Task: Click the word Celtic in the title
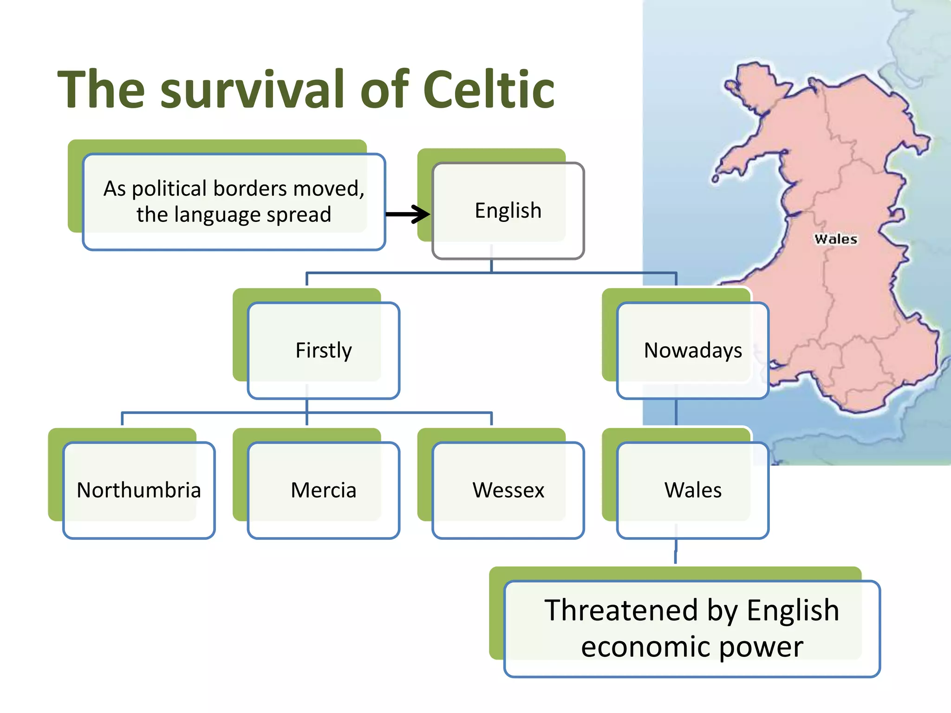click(489, 89)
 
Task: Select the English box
click(508, 211)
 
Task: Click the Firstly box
click(324, 350)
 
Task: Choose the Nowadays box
click(693, 350)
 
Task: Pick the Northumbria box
click(139, 490)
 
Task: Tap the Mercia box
click(324, 490)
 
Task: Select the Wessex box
click(508, 490)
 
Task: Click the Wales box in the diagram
click(693, 490)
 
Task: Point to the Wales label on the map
click(835, 239)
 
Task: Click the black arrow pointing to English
click(408, 214)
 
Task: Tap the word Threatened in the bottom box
click(621, 610)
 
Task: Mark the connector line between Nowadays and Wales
click(676, 412)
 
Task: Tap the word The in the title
click(101, 89)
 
